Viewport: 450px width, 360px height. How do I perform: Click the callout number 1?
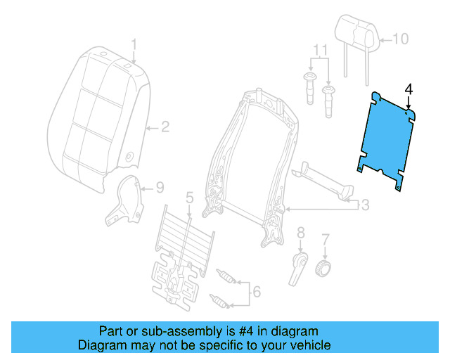pyautogui.click(x=134, y=46)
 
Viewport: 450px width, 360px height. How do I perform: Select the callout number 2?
pyautogui.click(x=165, y=127)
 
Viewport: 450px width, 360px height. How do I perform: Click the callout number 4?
pyautogui.click(x=409, y=89)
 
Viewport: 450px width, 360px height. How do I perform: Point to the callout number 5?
pyautogui.click(x=188, y=199)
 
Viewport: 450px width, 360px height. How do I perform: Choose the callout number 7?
pyautogui.click(x=325, y=239)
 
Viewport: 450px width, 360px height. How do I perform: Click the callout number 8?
pyautogui.click(x=300, y=232)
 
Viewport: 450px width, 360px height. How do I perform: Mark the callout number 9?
pyautogui.click(x=160, y=188)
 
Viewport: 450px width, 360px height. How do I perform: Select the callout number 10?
pyautogui.click(x=399, y=39)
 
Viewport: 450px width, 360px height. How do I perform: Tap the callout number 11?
pyautogui.click(x=320, y=51)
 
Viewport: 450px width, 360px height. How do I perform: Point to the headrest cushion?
pyautogui.click(x=357, y=32)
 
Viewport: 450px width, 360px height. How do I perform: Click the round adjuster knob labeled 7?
pyautogui.click(x=324, y=268)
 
